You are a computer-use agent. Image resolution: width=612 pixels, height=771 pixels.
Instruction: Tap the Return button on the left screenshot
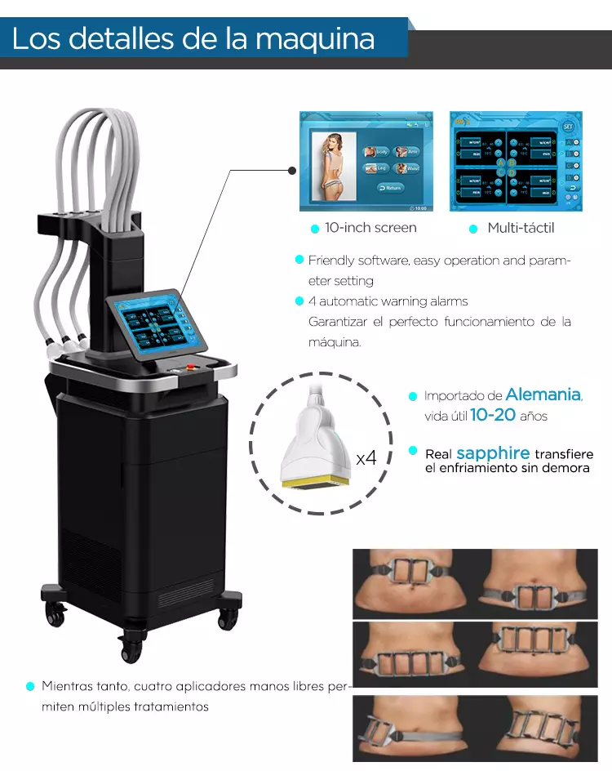pos(391,187)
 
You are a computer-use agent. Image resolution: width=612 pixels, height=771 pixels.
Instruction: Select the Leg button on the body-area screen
pos(376,168)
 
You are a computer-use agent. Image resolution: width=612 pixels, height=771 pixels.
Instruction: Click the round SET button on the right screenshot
pos(569,127)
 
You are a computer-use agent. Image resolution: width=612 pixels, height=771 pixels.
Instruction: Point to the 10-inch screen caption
pos(370,228)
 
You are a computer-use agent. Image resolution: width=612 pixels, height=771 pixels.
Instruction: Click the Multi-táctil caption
pos(521,228)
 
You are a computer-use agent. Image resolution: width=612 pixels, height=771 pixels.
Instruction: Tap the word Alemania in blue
pos(543,394)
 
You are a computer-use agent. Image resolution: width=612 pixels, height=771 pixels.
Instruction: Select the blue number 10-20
pos(493,415)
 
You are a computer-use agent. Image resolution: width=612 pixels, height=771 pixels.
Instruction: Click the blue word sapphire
pos(493,453)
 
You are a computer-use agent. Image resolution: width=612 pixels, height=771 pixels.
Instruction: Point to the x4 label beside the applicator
pos(366,457)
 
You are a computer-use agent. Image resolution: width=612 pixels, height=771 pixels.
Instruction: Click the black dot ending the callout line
pos(292,170)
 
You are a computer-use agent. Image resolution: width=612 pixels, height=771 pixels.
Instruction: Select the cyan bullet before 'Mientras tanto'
pos(30,686)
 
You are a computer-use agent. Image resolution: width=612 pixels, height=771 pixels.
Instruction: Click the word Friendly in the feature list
pos(331,261)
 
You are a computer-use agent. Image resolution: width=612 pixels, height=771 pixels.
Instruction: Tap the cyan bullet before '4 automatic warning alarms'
pos(299,301)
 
